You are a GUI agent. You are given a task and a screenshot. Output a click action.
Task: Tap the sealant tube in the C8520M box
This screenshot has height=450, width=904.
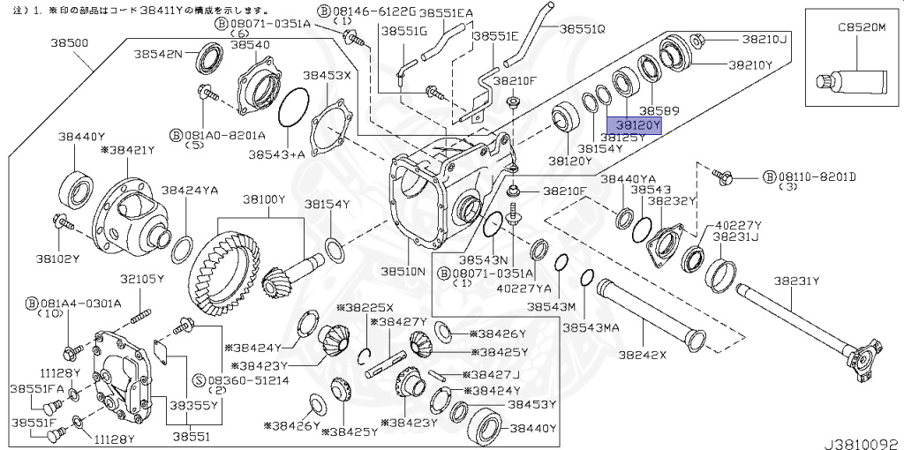pos(851,80)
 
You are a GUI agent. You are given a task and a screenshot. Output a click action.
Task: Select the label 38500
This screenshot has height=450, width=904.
pos(69,41)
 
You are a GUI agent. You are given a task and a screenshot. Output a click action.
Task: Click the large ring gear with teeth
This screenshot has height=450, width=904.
pos(226,274)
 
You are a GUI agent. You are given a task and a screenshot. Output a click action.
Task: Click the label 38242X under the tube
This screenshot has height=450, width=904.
pos(642,356)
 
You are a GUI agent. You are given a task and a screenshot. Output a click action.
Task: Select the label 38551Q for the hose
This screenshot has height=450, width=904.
pos(584,28)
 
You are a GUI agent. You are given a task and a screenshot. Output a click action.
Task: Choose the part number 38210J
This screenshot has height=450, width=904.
pos(764,39)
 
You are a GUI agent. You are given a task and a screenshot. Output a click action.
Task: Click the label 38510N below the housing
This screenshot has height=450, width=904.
pos(403,271)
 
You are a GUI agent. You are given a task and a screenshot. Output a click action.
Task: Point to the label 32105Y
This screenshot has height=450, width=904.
pos(142,279)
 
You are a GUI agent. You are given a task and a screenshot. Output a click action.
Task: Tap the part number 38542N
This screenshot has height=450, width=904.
pos(158,54)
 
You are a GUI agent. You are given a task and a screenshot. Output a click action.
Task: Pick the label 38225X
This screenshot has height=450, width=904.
pos(364,308)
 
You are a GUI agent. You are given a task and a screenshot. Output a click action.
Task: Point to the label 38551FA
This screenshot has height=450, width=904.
pos(36,388)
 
